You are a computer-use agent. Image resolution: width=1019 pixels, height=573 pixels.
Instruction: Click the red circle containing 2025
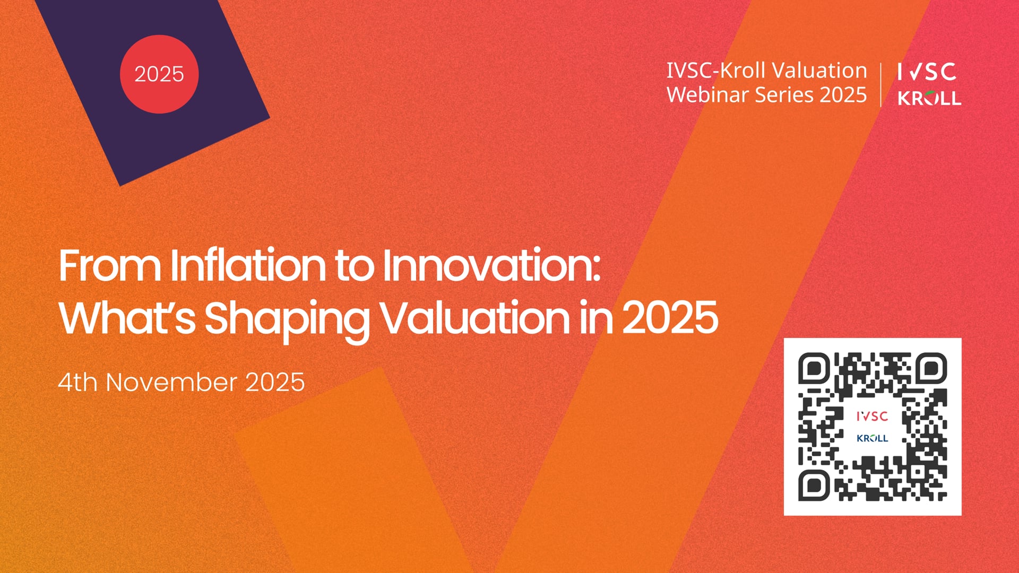159,74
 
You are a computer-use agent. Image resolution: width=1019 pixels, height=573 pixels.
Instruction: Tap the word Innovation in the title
491,265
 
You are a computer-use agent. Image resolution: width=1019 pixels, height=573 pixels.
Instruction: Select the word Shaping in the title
287,318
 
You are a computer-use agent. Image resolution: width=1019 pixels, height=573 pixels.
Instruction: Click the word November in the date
171,382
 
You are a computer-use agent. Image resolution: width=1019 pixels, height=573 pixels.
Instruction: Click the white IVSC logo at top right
927,72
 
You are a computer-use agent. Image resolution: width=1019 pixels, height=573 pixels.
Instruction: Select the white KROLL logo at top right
929,98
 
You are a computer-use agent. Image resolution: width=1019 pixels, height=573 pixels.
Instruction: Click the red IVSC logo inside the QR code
872,416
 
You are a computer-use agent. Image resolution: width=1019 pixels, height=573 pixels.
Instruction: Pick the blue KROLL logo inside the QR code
872,438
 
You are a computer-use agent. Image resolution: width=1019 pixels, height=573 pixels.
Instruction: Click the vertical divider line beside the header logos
881,85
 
